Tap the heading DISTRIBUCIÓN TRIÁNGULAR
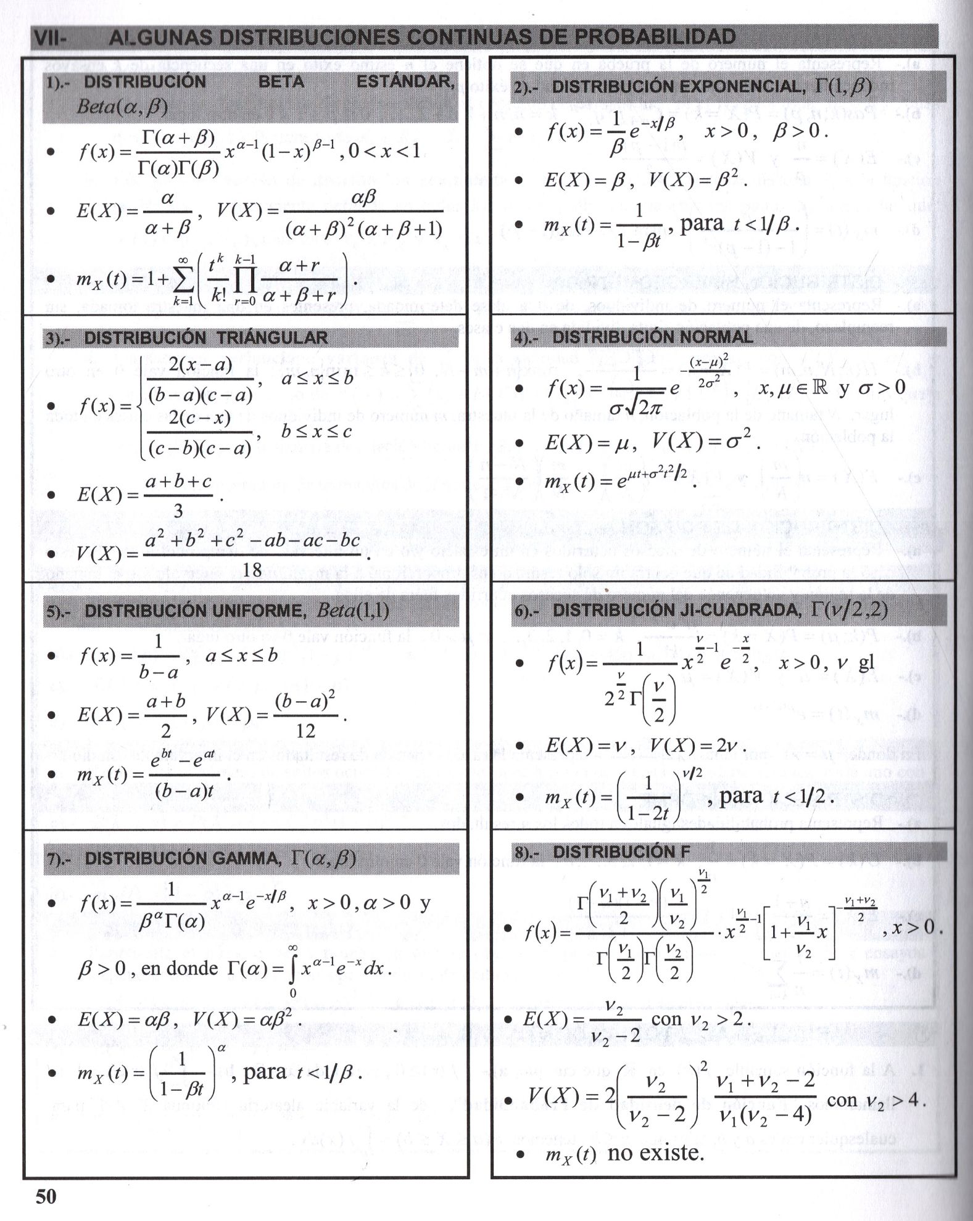coord(205,338)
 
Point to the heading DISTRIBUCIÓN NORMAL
coord(652,337)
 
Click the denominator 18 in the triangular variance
coord(252,569)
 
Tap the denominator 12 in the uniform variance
coord(305,731)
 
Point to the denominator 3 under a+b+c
coord(178,511)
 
